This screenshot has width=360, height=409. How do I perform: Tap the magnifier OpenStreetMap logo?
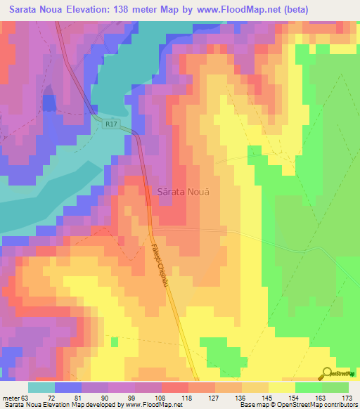point(328,373)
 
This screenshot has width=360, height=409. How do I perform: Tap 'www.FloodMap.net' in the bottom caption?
point(150,405)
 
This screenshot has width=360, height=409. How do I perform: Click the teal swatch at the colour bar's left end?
point(41,387)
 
